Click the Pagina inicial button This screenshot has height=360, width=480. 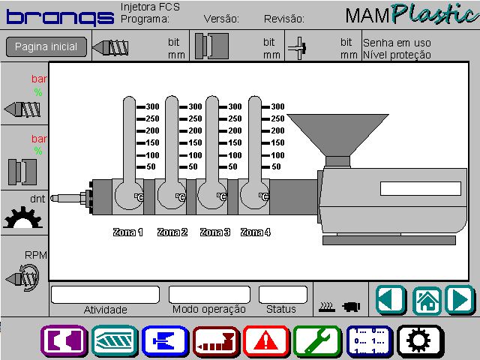click(x=46, y=46)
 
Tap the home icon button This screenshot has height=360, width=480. click(x=427, y=301)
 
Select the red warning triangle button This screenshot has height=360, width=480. click(x=266, y=341)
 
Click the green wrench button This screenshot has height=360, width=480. click(x=317, y=341)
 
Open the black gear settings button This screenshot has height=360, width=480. click(x=420, y=341)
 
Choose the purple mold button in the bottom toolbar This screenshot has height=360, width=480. click(x=64, y=341)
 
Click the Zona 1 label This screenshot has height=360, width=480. click(x=128, y=232)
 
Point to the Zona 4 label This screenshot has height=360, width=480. click(x=256, y=232)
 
